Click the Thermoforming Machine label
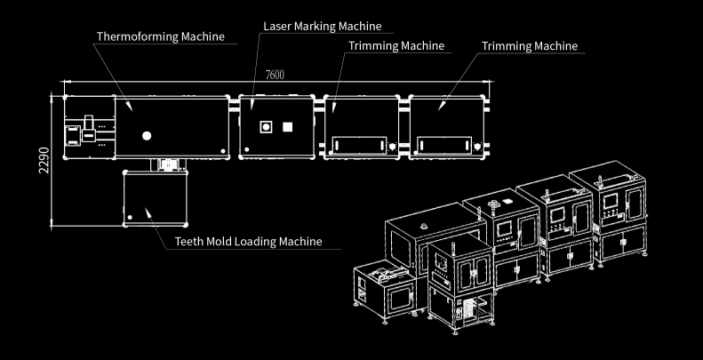click(x=160, y=36)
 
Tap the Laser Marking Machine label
click(x=322, y=26)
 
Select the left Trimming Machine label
click(x=396, y=45)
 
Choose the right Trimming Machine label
click(x=529, y=45)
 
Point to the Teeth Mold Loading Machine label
click(x=248, y=241)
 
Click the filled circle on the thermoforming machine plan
click(x=147, y=136)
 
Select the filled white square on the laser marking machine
click(x=287, y=126)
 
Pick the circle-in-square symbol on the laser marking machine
click(x=264, y=126)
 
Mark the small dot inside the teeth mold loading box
click(x=130, y=216)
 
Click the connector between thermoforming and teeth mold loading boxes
click(x=166, y=164)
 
